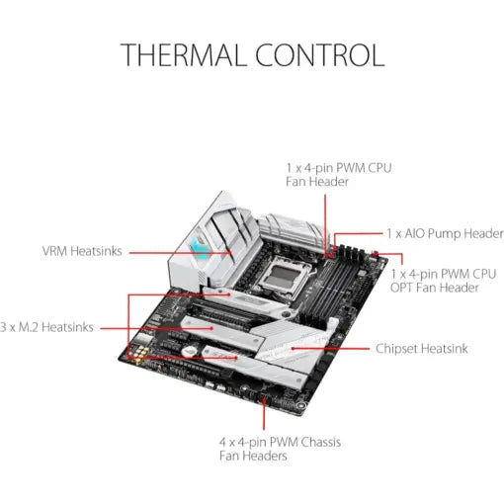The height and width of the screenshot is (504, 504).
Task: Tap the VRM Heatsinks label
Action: pos(82,251)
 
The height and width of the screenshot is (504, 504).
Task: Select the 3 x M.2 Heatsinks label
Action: pos(47,327)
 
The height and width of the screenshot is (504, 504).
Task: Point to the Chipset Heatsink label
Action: pos(422,349)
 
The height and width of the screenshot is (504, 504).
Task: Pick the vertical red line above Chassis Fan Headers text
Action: pos(268,415)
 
